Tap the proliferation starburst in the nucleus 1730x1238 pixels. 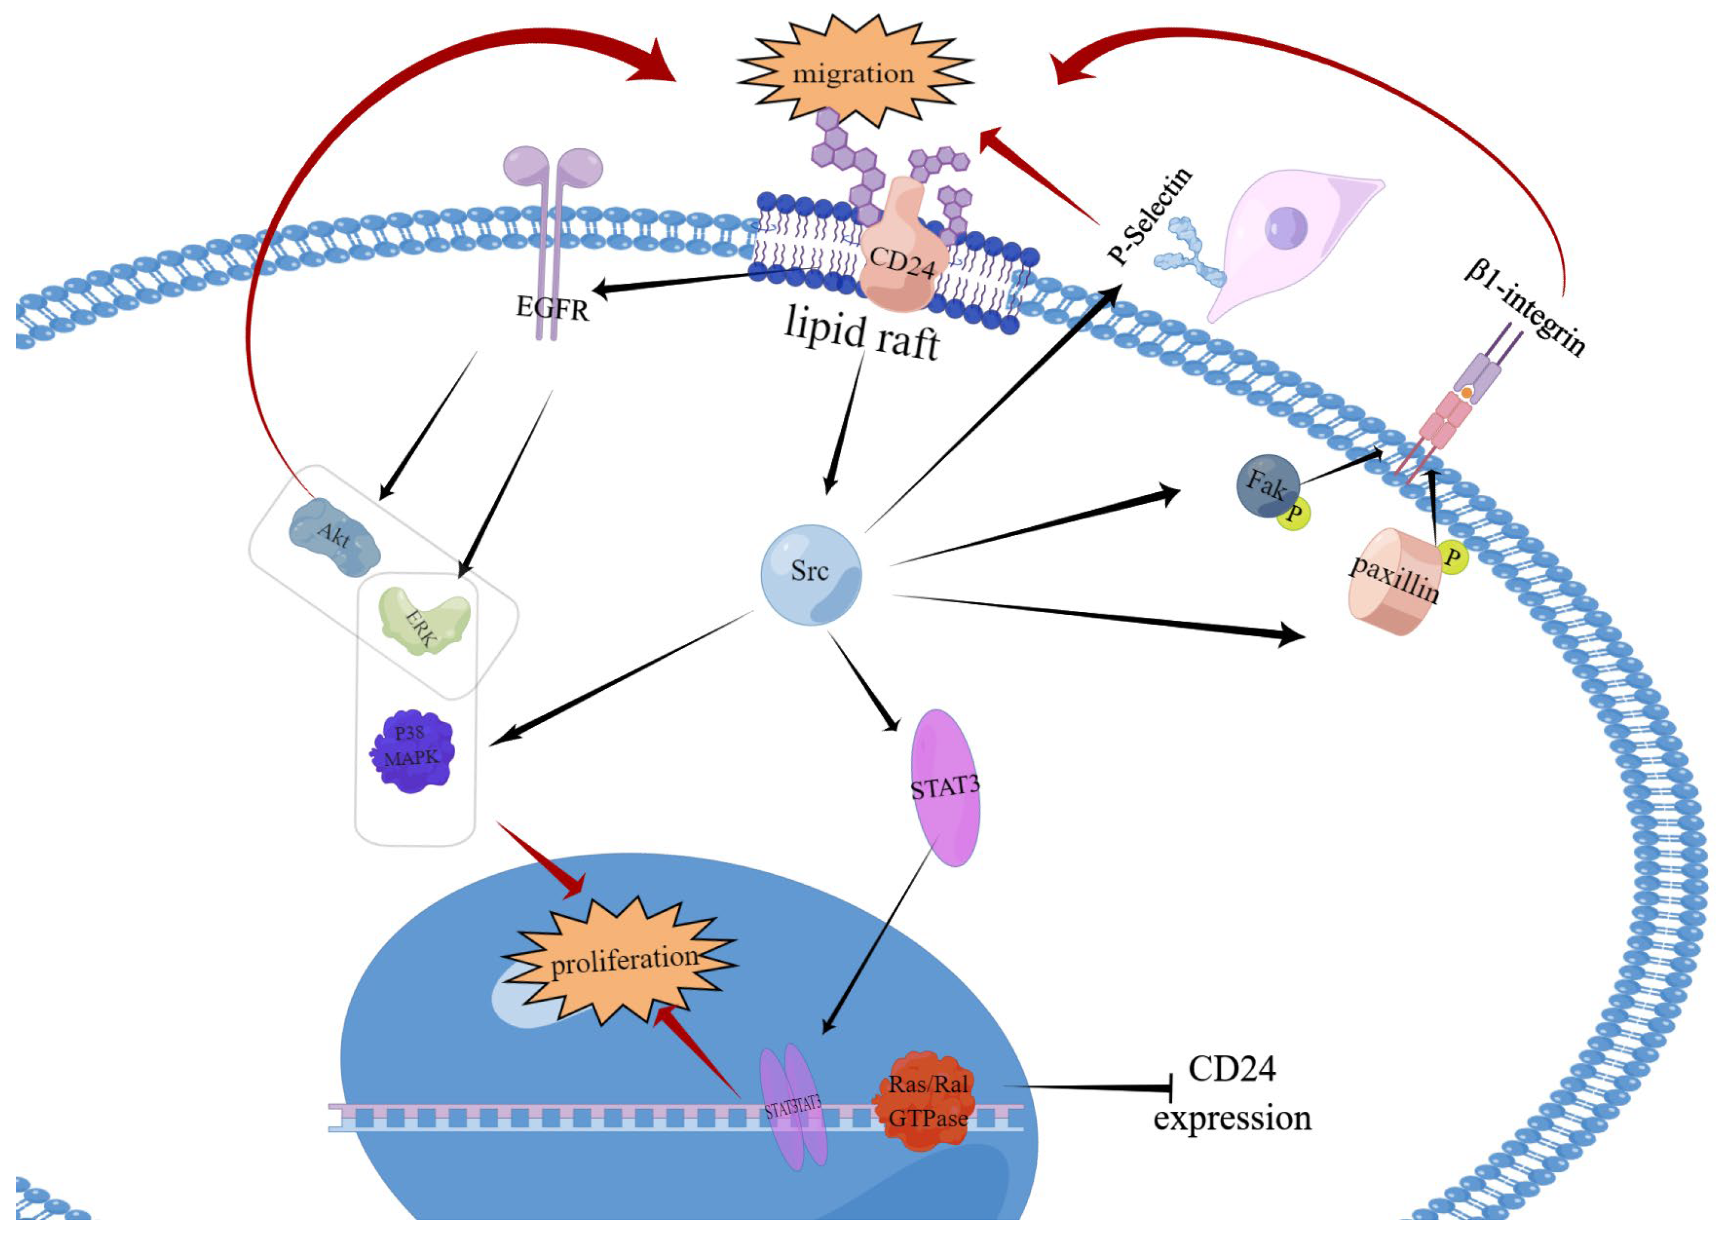pos(621,961)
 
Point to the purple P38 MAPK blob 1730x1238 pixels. pos(412,751)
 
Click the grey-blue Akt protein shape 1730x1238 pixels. pos(335,537)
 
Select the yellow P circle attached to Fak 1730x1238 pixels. pos(1294,513)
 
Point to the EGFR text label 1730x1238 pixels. pos(552,308)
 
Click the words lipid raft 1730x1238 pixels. pos(862,333)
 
